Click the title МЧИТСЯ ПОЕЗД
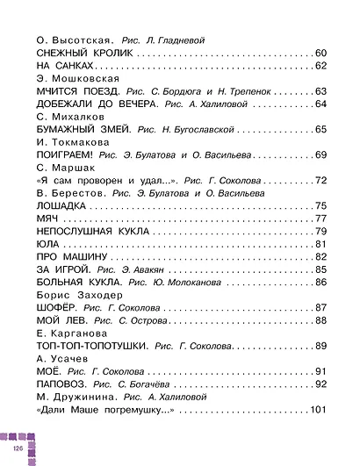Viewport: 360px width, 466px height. [x=76, y=91]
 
